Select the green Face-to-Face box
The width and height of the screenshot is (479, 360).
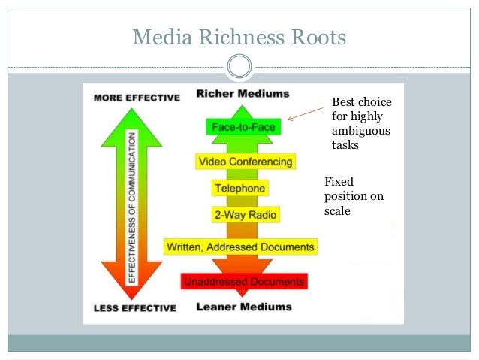coord(243,127)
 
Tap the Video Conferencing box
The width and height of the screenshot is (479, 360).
coord(245,162)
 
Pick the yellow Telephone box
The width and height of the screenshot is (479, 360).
coord(239,188)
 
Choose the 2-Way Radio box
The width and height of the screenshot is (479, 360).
coord(244,216)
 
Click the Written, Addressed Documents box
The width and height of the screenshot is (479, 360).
coord(240,247)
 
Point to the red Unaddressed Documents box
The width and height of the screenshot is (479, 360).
coord(244,282)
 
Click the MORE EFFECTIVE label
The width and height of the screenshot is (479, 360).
coord(137,98)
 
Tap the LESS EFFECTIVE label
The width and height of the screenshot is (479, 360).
coord(135,308)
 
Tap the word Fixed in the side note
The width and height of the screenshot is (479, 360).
coord(339,182)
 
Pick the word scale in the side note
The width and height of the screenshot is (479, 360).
coord(337,211)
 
